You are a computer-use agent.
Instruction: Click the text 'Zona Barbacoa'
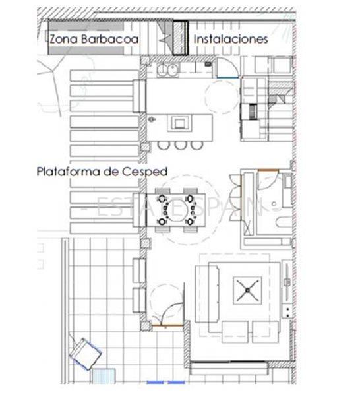(x=94, y=39)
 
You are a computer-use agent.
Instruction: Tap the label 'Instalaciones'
(x=230, y=39)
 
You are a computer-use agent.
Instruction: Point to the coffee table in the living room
(x=247, y=288)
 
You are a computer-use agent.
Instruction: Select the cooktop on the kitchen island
(x=179, y=123)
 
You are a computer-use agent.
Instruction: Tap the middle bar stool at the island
(x=179, y=144)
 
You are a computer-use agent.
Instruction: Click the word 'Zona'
(x=61, y=39)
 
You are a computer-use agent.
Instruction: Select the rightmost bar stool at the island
(x=196, y=144)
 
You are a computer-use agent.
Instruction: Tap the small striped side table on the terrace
(x=102, y=377)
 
